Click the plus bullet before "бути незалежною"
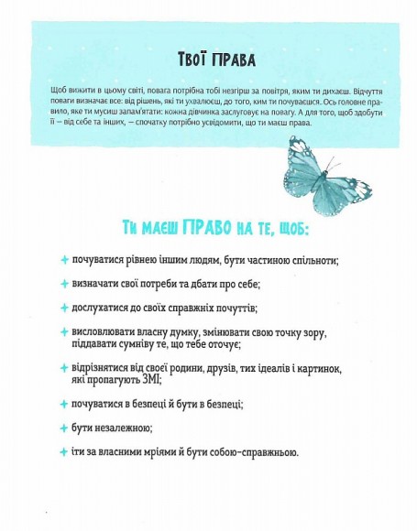point(64,428)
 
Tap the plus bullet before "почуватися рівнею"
point(64,260)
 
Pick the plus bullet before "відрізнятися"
point(64,368)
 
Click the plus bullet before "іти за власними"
point(64,451)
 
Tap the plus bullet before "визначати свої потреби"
point(64,284)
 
